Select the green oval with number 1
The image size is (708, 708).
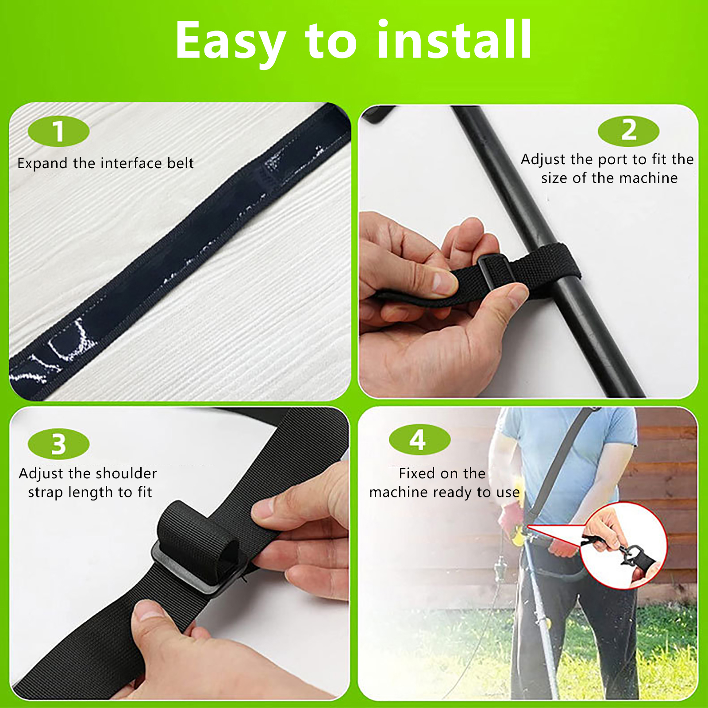click(x=58, y=131)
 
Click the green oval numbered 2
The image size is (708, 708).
click(x=628, y=131)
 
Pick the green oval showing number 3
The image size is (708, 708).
click(x=58, y=444)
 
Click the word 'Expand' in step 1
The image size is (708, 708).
click(x=43, y=164)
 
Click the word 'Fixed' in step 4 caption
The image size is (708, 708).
click(x=418, y=473)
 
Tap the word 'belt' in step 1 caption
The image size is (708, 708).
click(x=180, y=163)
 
